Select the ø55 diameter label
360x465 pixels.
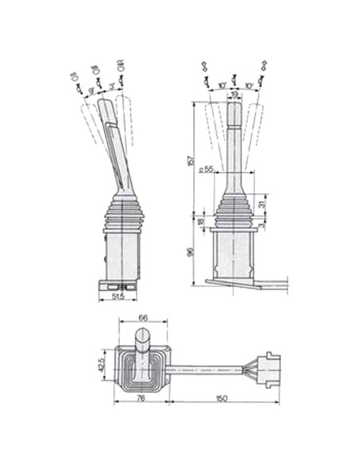(x=207, y=170)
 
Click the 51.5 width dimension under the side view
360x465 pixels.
(x=119, y=297)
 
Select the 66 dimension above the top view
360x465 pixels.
(x=143, y=318)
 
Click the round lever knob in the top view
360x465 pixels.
(x=143, y=346)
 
